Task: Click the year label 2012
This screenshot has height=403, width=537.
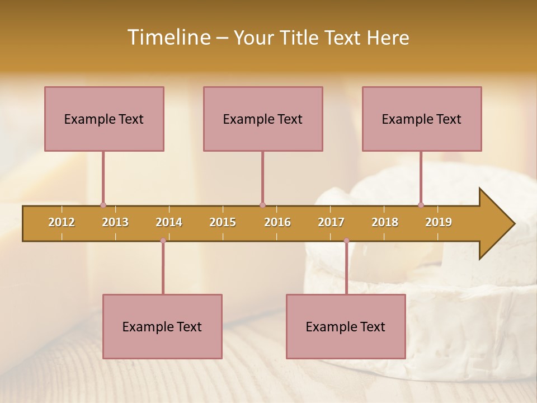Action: [x=62, y=222]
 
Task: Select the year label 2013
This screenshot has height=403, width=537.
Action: [x=115, y=222]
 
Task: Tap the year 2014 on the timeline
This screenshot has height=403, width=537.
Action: [x=169, y=222]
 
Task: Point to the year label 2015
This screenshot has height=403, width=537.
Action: [x=223, y=222]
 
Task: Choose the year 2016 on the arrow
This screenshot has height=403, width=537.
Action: [x=277, y=222]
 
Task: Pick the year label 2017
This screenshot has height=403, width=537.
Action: [x=331, y=222]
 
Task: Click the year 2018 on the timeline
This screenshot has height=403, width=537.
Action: [x=385, y=222]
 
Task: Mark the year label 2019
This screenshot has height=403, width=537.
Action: [x=439, y=222]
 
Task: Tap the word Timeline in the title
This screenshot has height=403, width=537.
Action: [x=167, y=38]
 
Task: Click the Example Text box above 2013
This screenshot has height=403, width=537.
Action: [x=104, y=119]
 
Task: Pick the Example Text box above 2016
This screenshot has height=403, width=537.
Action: [x=263, y=119]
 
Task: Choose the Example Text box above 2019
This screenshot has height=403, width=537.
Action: [x=422, y=119]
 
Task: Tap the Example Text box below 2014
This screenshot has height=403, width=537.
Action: [x=162, y=326]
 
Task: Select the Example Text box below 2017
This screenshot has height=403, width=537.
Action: [x=346, y=326]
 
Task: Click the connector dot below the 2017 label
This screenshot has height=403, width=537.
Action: [x=346, y=241]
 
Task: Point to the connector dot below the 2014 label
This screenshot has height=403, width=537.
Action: [x=163, y=241]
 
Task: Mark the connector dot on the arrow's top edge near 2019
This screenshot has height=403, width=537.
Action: [x=421, y=205]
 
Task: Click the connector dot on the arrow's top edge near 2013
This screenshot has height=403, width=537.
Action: [x=103, y=205]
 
